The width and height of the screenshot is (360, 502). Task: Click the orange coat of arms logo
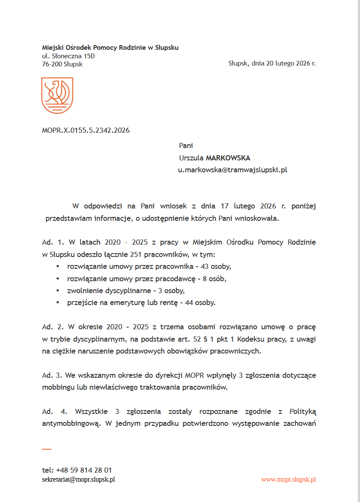point(57,95)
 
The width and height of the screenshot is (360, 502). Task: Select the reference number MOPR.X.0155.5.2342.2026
point(86,130)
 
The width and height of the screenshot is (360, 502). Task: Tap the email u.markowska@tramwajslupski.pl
point(232,170)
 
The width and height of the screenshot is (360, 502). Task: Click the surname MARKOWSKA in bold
point(228,158)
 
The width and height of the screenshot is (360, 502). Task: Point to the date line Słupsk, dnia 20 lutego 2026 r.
point(272,63)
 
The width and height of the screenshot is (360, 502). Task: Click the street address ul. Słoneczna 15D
point(68,56)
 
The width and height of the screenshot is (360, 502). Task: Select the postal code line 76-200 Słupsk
point(62,64)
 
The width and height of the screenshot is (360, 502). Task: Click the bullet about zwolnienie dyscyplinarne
point(126,291)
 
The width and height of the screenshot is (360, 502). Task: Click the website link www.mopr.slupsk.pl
point(289,479)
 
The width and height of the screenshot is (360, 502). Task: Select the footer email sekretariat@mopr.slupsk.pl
point(79,479)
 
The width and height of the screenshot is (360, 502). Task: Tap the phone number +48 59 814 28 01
point(84,470)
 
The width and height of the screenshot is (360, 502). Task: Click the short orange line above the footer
point(46,449)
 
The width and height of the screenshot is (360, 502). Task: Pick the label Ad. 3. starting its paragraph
point(51,376)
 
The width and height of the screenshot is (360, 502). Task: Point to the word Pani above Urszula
point(186,145)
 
